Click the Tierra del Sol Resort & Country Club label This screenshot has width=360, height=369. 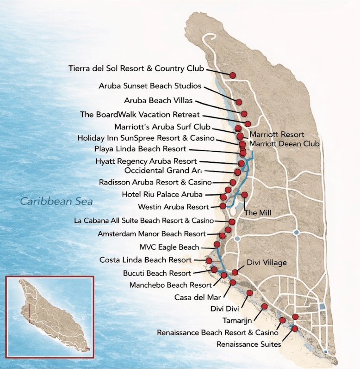click(x=136, y=69)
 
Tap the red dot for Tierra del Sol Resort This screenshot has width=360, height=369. click(x=233, y=75)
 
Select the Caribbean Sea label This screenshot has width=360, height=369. click(x=56, y=202)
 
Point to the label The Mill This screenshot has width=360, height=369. click(x=258, y=213)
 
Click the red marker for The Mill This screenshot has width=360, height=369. click(x=244, y=195)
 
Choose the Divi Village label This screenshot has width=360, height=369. click(x=267, y=263)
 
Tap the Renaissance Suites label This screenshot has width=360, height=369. click(x=248, y=344)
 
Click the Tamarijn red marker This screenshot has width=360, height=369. click(x=264, y=307)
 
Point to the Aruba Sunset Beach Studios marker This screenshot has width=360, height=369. click(x=239, y=102)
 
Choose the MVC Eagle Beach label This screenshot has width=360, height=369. click(x=169, y=247)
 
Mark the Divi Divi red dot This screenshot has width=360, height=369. click(x=250, y=293)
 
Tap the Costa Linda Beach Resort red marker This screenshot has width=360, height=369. click(x=209, y=261)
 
